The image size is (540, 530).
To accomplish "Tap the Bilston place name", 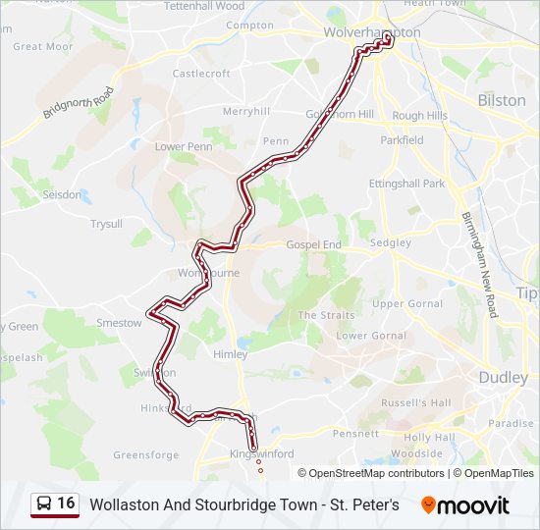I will pos(501,100).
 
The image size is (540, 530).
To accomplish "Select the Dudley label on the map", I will pos(503,377).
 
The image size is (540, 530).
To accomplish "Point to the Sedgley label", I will pos(391,242).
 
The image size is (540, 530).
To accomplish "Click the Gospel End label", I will pos(312,244).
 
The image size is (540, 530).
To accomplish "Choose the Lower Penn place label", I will pos(184,147).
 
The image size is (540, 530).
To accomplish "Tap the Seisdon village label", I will pos(62,194).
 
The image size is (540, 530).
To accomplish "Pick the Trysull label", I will pos(106,224).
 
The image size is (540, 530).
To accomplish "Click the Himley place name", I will pos(230,353).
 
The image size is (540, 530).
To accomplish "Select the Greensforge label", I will pos(146,455).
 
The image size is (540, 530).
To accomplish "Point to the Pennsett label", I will pos(355,433).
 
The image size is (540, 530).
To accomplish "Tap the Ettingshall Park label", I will pos(406,184).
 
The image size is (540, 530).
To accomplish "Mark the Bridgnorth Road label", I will pos(79,103).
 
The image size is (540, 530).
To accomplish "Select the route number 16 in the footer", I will pos(66,503).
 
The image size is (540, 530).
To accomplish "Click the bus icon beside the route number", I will pos(44,504).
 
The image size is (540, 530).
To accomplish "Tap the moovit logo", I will pos(465,505).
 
